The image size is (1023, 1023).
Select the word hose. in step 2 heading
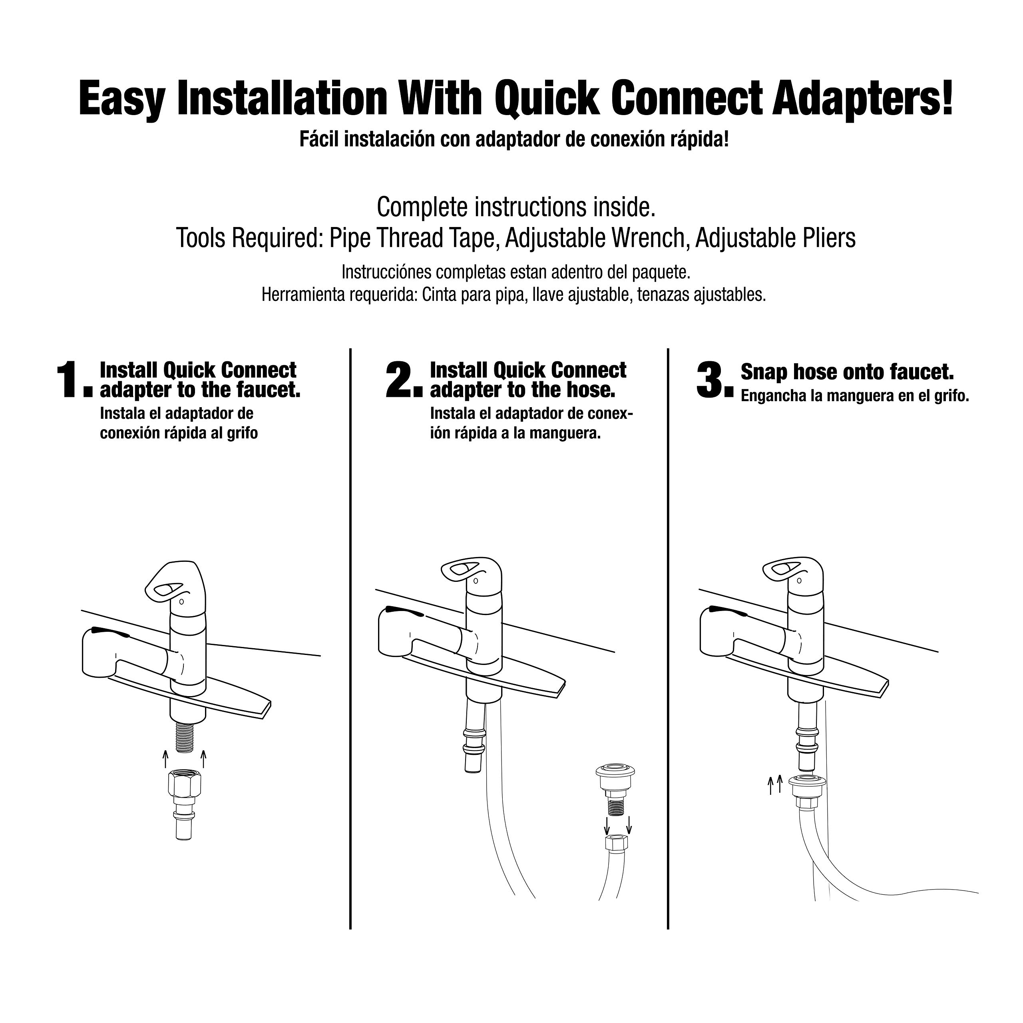point(590,390)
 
